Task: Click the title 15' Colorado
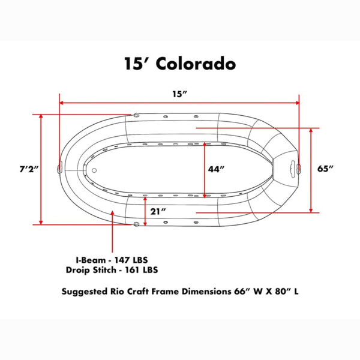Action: coord(180,64)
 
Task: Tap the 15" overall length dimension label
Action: coord(180,94)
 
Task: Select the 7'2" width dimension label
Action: coord(28,169)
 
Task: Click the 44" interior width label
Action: coord(216,169)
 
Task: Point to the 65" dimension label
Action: coord(325,169)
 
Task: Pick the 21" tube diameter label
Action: coord(158,211)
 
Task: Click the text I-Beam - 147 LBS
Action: coord(112,260)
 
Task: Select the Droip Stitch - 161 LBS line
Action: coord(112,270)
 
